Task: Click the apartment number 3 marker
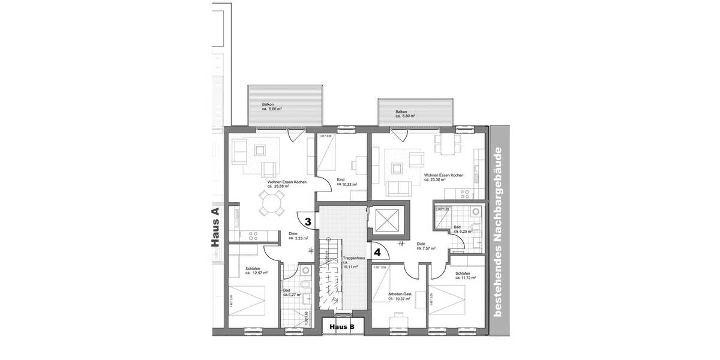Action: click(308, 221)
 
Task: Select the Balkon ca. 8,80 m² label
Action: click(272, 107)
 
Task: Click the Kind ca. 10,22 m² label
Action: click(347, 182)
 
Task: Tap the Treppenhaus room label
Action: click(350, 263)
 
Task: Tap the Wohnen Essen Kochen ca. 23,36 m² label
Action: click(443, 177)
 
